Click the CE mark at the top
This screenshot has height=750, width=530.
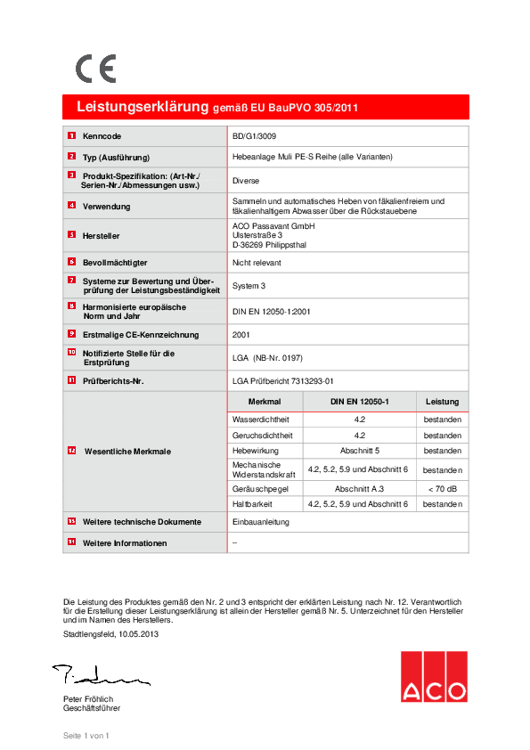click(x=95, y=69)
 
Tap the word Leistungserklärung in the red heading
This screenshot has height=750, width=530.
click(x=143, y=107)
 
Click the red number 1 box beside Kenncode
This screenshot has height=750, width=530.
click(x=71, y=136)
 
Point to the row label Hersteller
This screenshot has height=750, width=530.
click(x=101, y=235)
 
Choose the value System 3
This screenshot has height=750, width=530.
click(x=249, y=286)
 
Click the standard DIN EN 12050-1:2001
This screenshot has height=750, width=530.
click(x=271, y=311)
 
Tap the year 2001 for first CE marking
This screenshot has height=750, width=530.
click(x=241, y=335)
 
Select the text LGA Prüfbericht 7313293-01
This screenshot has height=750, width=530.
click(x=281, y=380)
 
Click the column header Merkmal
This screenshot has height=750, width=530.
click(x=265, y=402)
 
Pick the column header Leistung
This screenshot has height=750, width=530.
click(x=442, y=402)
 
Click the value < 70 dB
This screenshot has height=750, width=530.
click(x=442, y=489)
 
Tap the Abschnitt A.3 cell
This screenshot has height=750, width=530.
click(x=359, y=489)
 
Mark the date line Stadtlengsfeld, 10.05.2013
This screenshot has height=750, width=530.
click(x=112, y=633)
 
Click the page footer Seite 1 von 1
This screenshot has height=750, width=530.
click(x=86, y=736)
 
